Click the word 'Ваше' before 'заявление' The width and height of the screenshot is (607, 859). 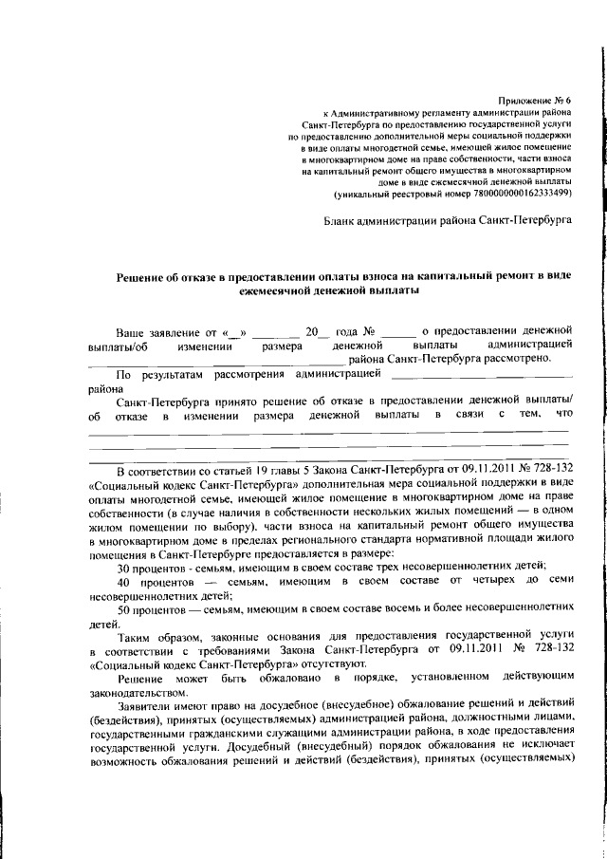(132, 333)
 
